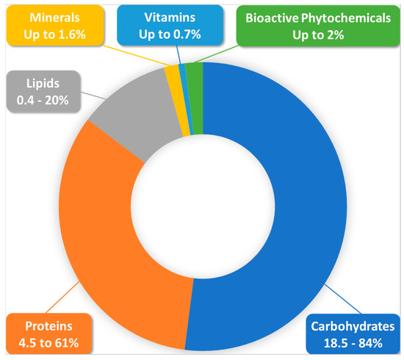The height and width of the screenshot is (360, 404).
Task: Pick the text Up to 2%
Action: [x=323, y=32]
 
